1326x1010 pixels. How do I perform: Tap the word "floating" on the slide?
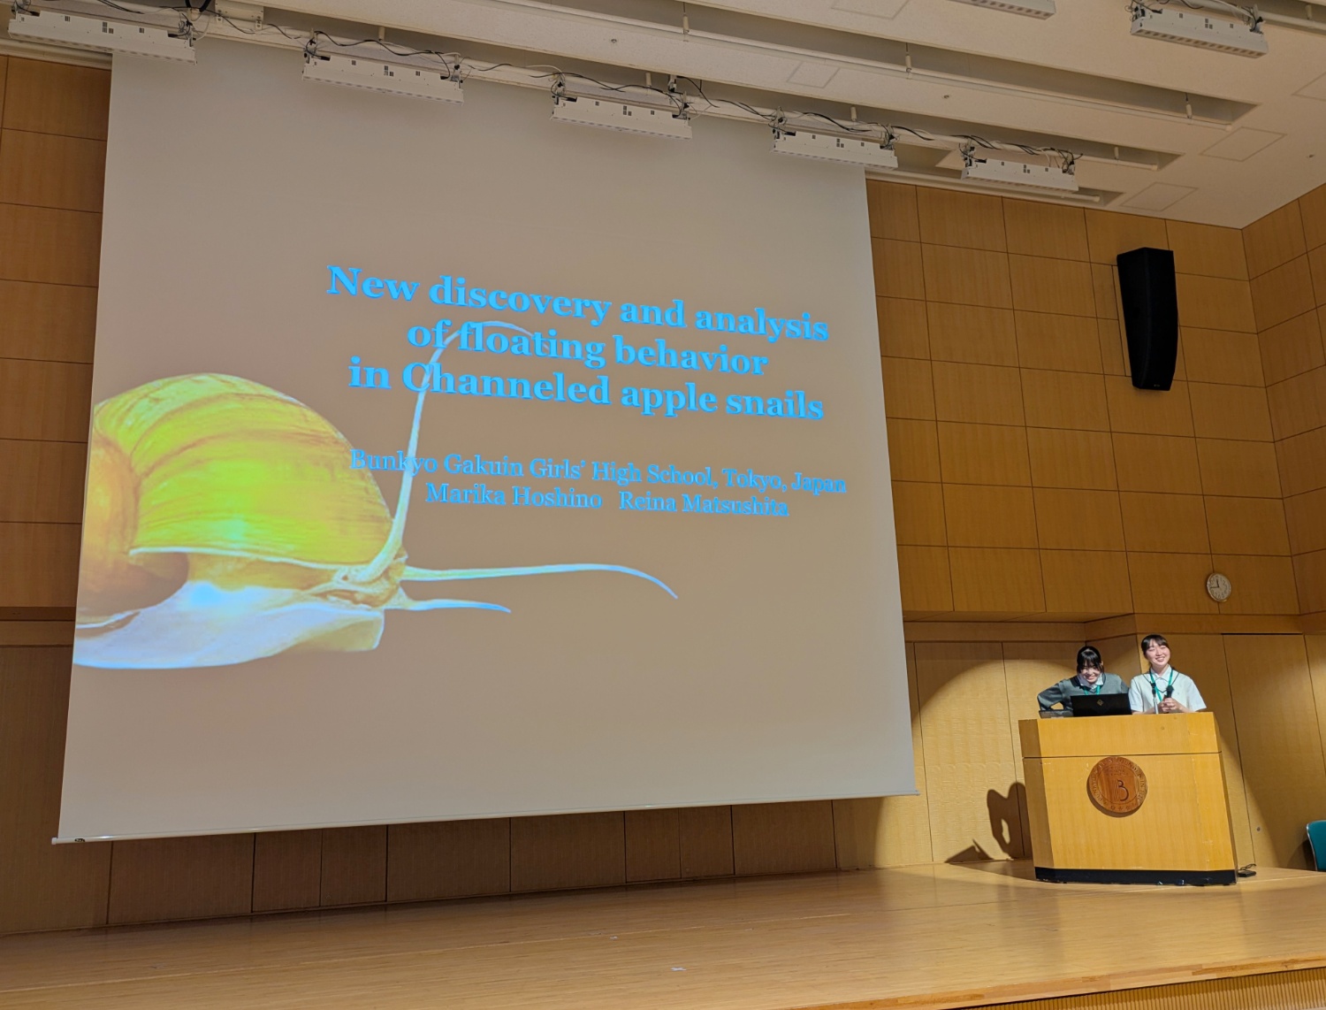point(531,348)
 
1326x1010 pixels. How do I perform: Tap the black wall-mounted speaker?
point(1147,318)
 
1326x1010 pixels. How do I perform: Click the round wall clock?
point(1218,587)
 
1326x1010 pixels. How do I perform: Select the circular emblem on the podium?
point(1117,786)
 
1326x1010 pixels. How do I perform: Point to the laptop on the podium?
point(1100,704)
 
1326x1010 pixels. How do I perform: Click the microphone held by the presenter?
point(1169,693)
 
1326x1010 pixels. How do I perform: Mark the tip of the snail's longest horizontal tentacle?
point(676,597)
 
